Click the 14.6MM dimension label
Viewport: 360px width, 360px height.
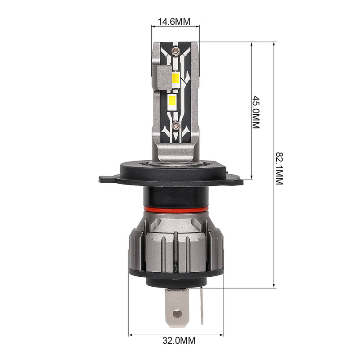174,22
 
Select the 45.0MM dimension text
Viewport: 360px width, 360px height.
256,112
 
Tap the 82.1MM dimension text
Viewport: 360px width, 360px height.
279,168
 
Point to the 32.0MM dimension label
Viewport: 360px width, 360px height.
179,341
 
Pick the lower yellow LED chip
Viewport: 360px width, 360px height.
172,100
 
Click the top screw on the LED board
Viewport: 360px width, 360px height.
175,50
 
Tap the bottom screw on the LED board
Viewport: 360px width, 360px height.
176,126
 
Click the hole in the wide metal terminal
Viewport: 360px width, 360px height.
177,314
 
